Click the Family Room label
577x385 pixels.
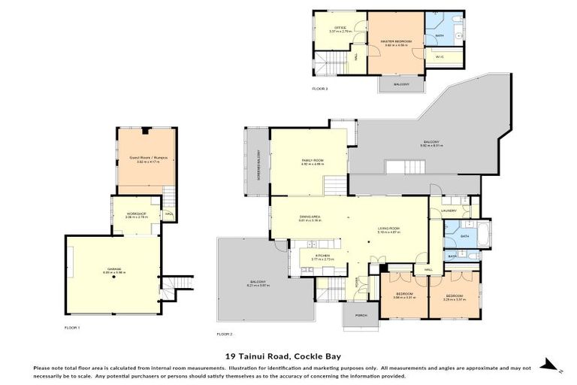pyautogui.click(x=312, y=160)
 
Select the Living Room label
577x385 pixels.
pyautogui.click(x=388, y=230)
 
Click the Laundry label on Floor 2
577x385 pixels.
pyautogui.click(x=449, y=211)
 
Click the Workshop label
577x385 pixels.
pyautogui.click(x=135, y=214)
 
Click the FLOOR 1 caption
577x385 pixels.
pyautogui.click(x=72, y=328)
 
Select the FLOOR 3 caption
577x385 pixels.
pyautogui.click(x=320, y=88)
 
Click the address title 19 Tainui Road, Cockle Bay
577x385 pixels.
pyautogui.click(x=288, y=358)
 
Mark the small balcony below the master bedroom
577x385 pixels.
pyautogui.click(x=402, y=84)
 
